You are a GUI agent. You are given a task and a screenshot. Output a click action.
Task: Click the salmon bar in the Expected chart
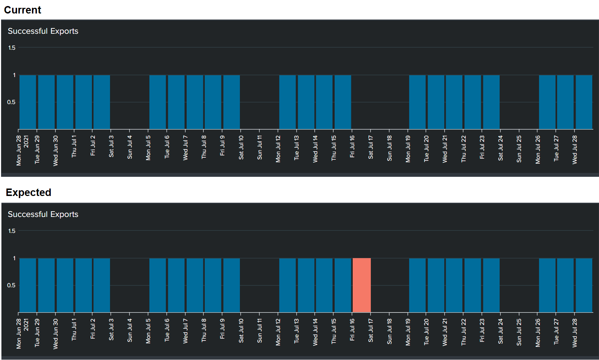tap(362, 285)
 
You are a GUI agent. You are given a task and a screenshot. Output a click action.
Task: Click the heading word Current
tap(23, 10)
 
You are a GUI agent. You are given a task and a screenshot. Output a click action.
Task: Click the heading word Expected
tap(28, 192)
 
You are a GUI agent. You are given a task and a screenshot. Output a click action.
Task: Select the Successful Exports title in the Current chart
tap(43, 31)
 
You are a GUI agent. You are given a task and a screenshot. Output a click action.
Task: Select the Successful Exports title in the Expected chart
tap(43, 214)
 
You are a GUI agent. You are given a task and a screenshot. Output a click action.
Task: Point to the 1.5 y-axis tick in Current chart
tap(12, 48)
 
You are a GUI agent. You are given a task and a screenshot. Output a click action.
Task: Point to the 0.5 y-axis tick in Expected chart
tap(11, 285)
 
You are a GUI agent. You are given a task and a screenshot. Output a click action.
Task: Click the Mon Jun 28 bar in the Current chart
tap(28, 102)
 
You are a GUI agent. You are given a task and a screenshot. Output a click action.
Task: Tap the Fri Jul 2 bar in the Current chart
tap(102, 102)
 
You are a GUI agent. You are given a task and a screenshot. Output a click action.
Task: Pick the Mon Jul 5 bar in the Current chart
tap(158, 102)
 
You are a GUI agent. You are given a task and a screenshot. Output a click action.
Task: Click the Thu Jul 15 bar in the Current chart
tap(343, 102)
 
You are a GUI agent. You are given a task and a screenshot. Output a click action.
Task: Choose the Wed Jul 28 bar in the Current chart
tap(584, 102)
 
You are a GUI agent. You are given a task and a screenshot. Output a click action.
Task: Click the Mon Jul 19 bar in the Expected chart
tap(417, 285)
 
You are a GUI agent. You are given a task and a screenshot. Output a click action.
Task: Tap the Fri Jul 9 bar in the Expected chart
tap(232, 285)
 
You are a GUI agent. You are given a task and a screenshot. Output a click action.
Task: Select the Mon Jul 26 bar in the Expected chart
tap(547, 285)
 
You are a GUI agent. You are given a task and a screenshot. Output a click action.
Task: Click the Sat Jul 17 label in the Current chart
tap(370, 147)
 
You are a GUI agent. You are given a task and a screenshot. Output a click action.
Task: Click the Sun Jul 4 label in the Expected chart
tap(130, 331)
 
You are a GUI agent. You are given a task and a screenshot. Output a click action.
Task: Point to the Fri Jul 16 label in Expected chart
tap(352, 330)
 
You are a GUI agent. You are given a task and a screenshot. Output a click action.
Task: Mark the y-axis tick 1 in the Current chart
tap(14, 75)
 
